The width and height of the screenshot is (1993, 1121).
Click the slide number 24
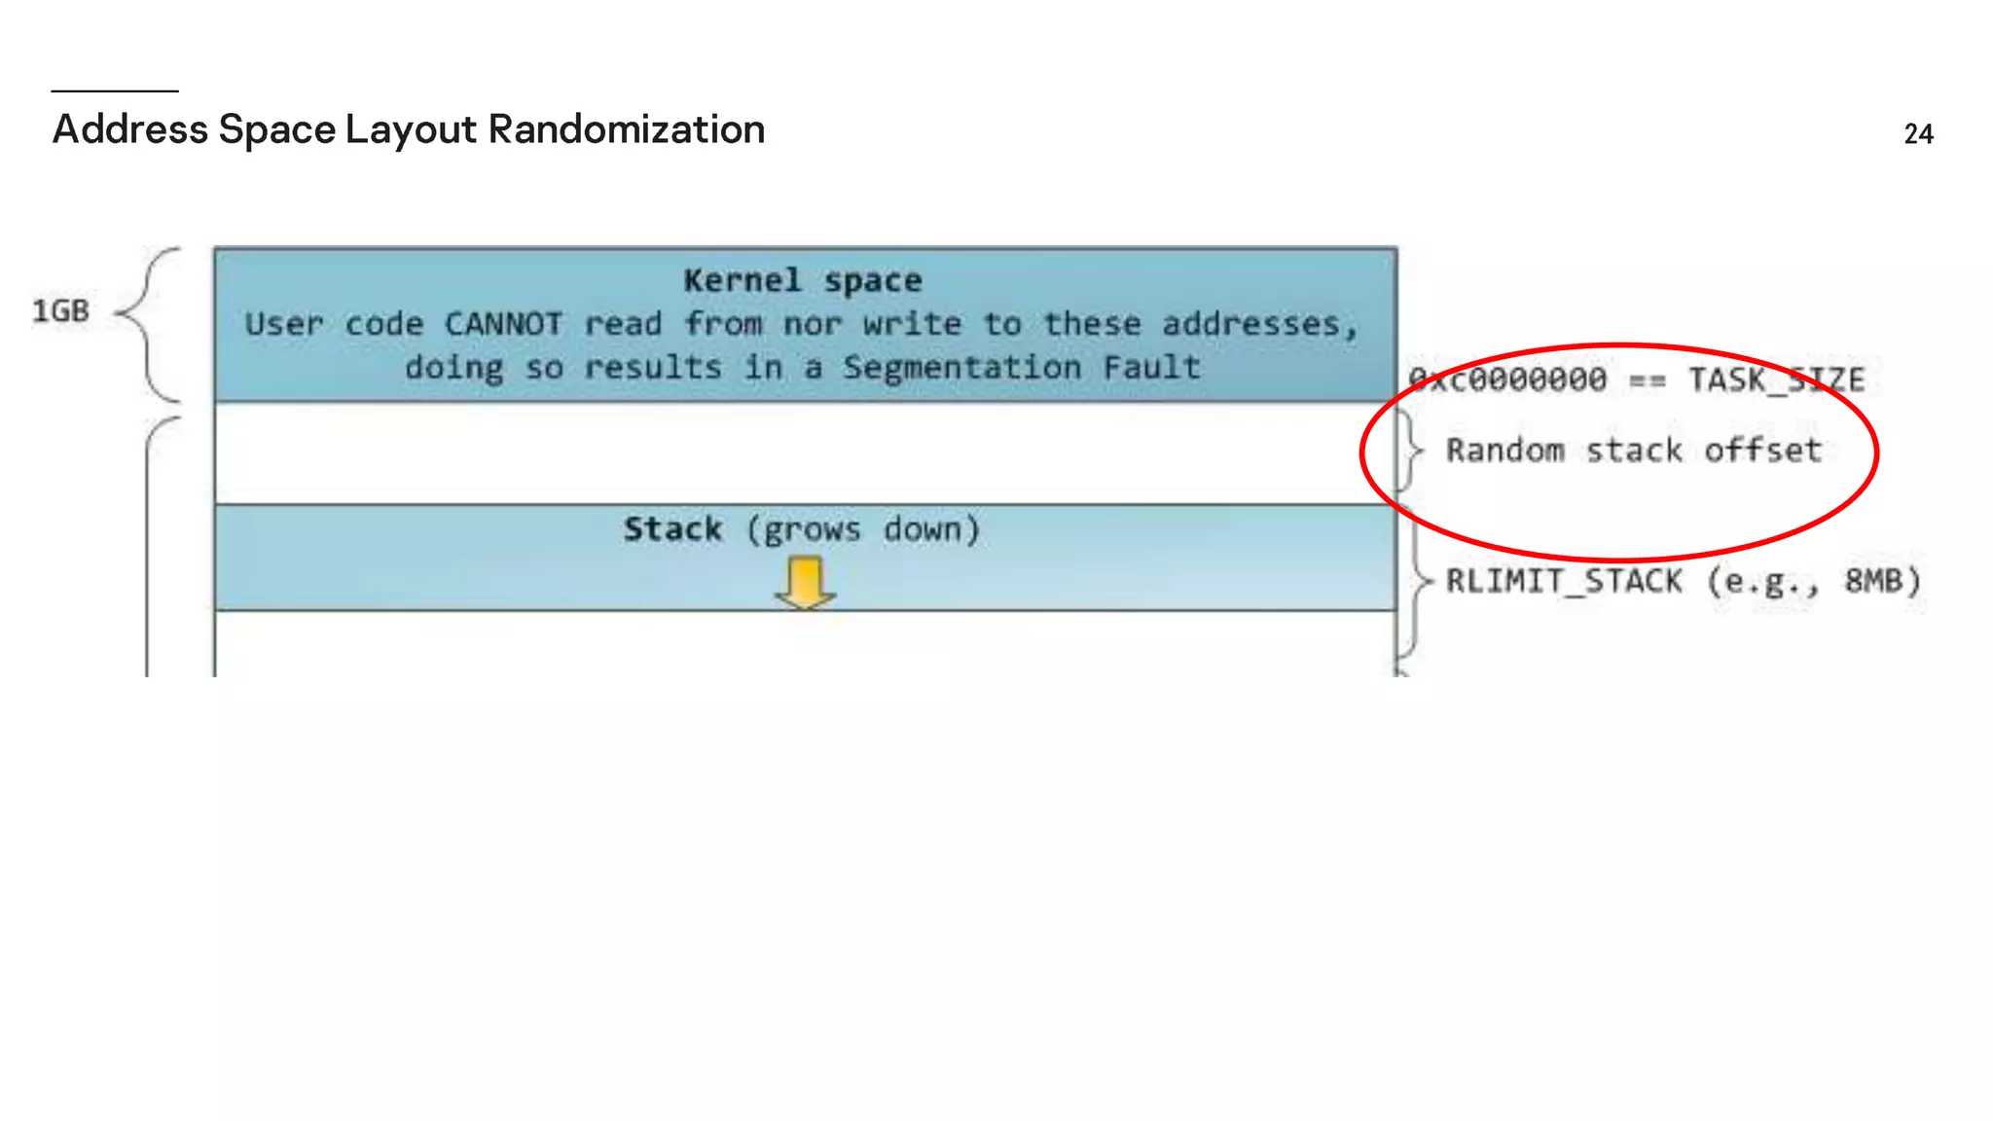(x=1918, y=133)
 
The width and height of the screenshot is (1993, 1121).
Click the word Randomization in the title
(x=626, y=129)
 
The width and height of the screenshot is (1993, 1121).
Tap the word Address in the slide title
(x=129, y=129)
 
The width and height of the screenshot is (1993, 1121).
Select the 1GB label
(x=60, y=311)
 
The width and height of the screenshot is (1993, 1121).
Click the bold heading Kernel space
(x=803, y=280)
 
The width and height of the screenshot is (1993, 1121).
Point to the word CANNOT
(x=503, y=323)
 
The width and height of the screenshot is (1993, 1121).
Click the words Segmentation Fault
(x=1022, y=367)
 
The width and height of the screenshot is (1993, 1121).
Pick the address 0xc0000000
(x=1507, y=379)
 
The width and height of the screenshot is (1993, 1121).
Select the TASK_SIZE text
(x=1776, y=379)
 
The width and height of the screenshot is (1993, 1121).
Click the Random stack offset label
(x=1633, y=450)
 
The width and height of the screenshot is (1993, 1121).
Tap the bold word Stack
(x=672, y=528)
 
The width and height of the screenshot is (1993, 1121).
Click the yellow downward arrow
(x=805, y=583)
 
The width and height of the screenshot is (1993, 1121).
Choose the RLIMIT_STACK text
(x=1564, y=581)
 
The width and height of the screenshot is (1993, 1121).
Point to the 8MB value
(x=1873, y=581)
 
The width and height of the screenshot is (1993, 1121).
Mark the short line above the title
(x=115, y=90)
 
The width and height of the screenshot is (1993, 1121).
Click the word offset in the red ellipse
(x=1762, y=450)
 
